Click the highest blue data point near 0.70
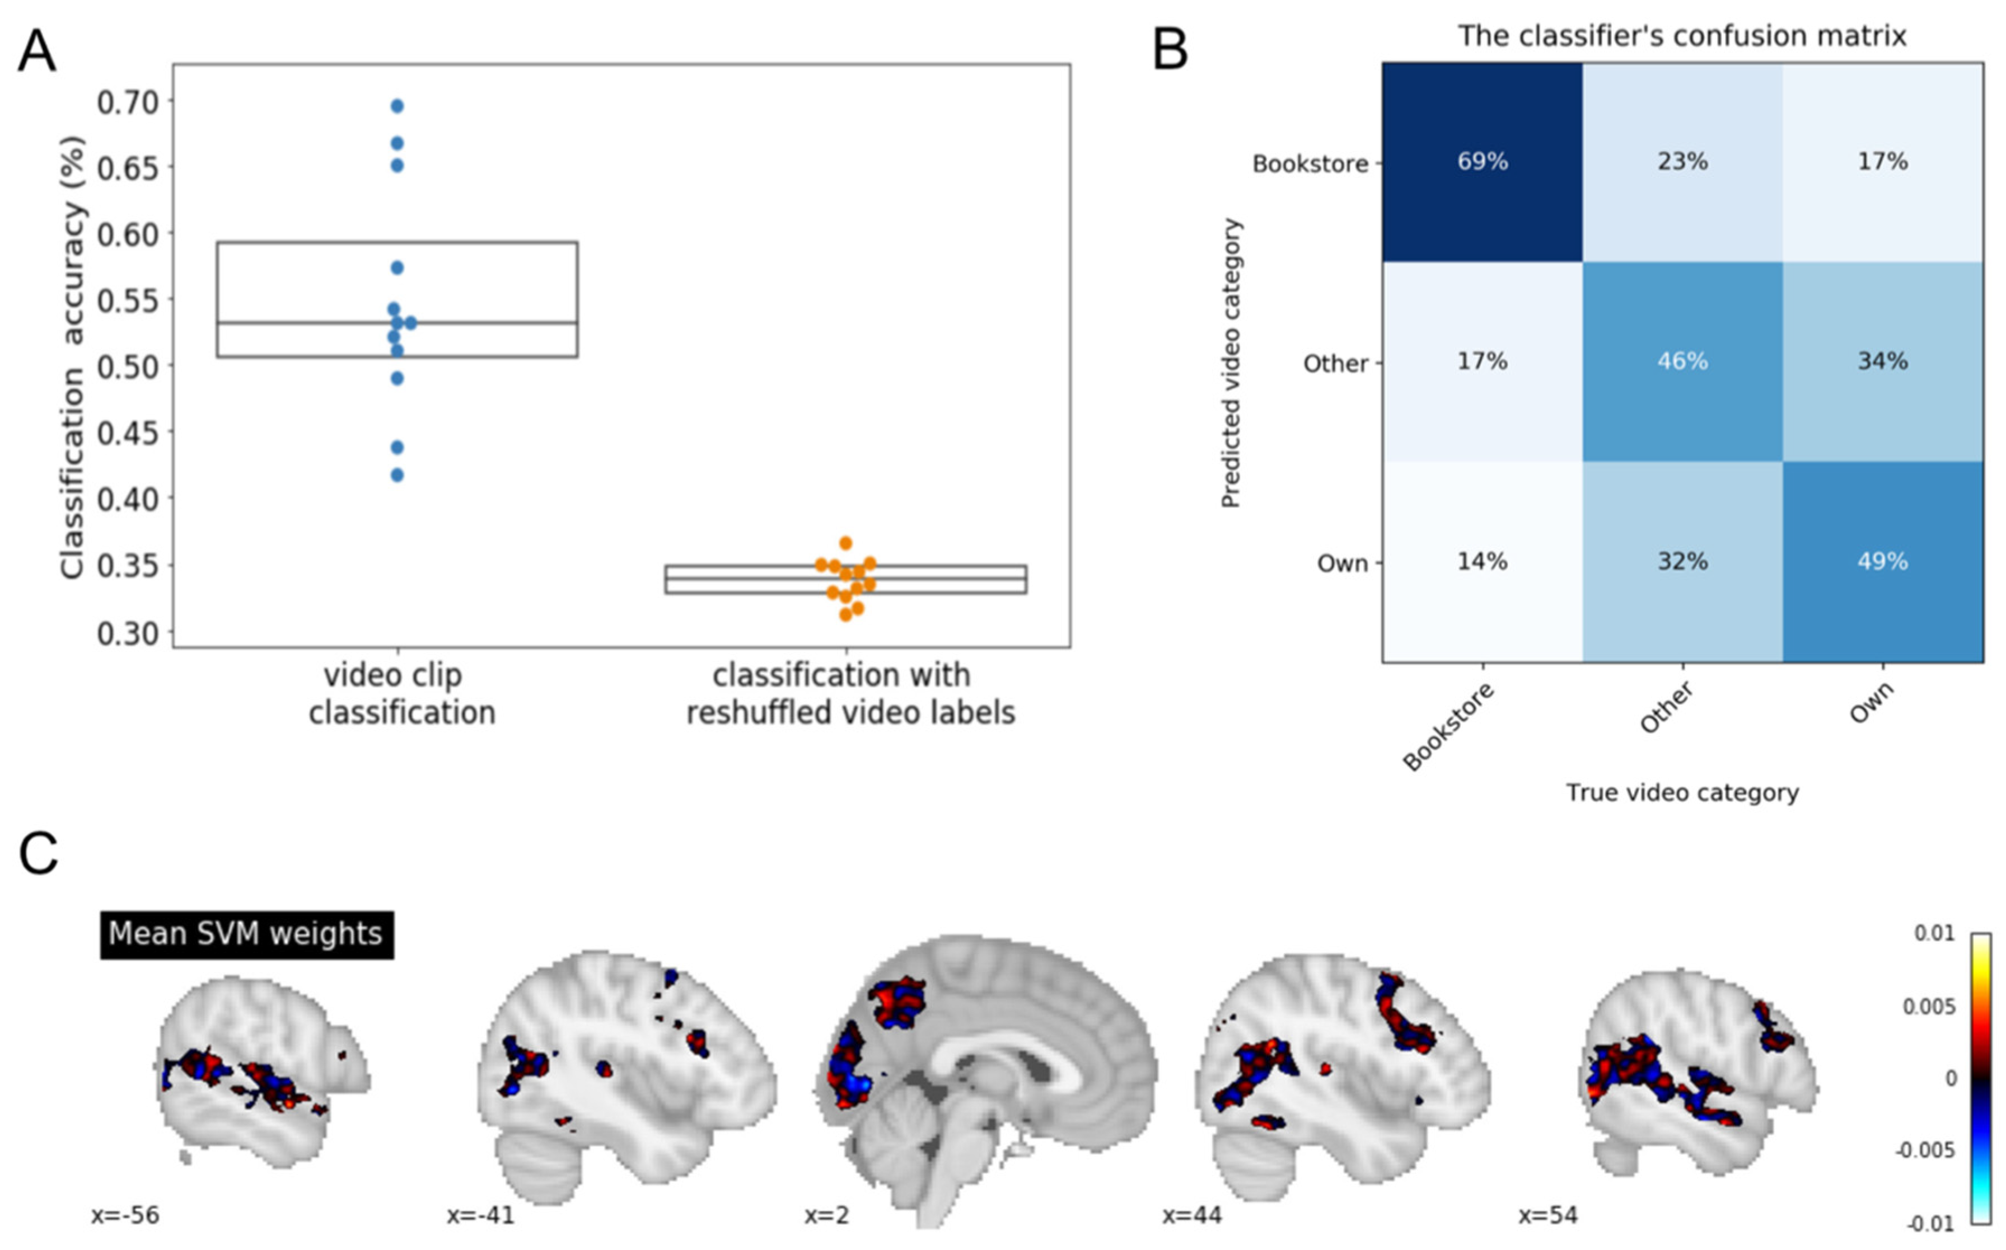click(x=397, y=106)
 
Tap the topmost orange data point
click(x=845, y=543)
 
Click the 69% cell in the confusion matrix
click(x=1483, y=162)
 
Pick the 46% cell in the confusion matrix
click(x=1682, y=362)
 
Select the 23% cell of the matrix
click(x=1682, y=162)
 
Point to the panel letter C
click(x=38, y=853)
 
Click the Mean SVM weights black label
click(x=246, y=935)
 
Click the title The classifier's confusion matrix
click(x=1682, y=36)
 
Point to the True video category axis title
click(x=1682, y=793)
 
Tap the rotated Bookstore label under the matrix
click(x=1449, y=727)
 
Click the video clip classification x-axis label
click(x=402, y=694)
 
